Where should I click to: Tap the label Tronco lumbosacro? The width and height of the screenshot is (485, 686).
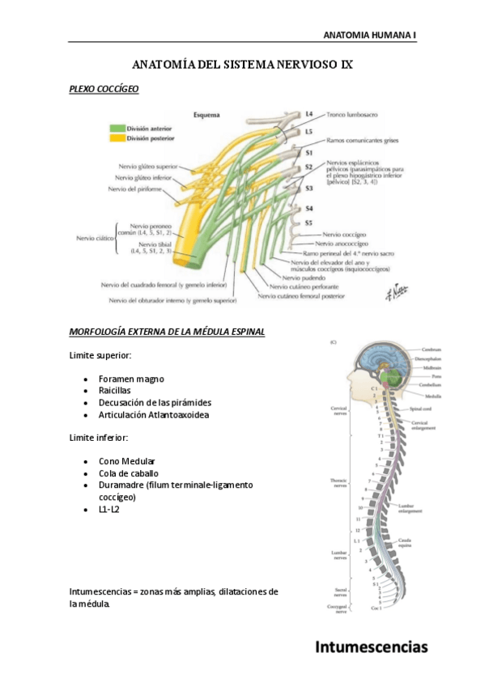355,115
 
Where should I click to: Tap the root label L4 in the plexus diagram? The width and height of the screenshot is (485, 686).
308,114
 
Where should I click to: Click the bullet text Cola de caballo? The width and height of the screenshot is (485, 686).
128,473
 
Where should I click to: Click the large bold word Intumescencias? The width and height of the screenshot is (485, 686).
371,646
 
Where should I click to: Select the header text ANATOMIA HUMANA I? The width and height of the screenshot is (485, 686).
369,36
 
